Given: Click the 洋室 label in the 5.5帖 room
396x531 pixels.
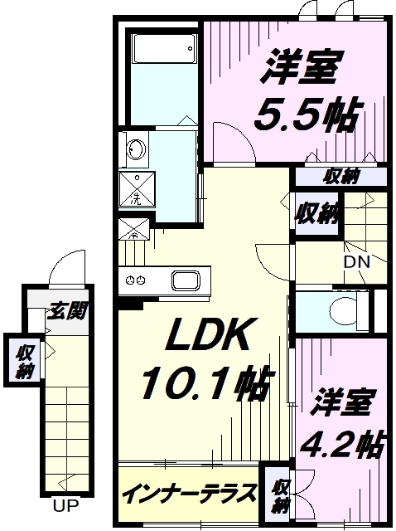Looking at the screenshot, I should (299, 67).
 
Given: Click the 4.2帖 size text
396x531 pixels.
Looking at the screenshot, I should (347, 445).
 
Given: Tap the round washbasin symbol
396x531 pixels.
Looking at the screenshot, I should (135, 151).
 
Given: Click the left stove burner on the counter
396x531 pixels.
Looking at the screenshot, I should (130, 279).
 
